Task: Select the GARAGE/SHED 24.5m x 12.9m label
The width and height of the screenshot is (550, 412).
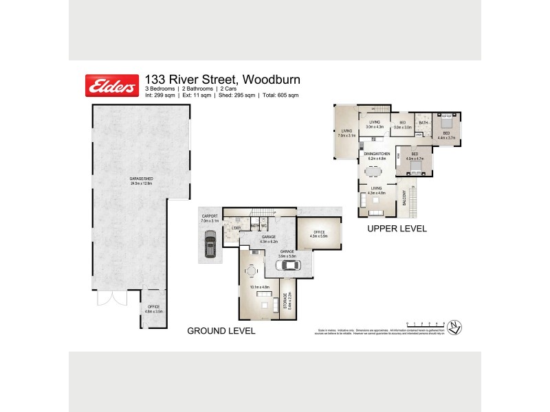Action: coord(141,181)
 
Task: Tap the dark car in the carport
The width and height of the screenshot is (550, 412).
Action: coord(209,242)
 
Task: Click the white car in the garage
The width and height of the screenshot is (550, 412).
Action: coord(284,264)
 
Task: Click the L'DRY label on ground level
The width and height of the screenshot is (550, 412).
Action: coord(237,227)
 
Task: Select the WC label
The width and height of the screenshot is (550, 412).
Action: coord(263,225)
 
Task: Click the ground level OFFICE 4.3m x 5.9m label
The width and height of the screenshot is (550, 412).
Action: coord(319,234)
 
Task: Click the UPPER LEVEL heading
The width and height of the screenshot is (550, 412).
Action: coord(397,229)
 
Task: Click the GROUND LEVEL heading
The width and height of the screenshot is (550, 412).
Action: coord(221,331)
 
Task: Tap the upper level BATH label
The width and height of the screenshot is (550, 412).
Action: coord(423,123)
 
